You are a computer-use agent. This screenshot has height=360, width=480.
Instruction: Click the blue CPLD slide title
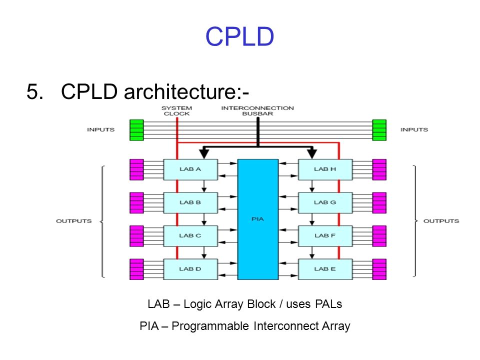[x=239, y=36]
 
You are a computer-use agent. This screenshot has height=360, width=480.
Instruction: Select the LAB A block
[x=190, y=169]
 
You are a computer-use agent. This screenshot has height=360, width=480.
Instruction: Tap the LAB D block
[x=190, y=269]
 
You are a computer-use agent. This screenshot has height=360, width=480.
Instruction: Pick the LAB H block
[x=325, y=169]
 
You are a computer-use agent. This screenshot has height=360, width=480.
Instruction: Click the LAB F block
[x=325, y=235]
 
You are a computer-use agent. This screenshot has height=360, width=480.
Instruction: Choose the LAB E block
[x=325, y=269]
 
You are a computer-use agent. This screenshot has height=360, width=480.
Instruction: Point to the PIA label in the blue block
[x=257, y=219]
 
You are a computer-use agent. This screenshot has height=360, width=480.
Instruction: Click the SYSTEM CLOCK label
[x=176, y=111]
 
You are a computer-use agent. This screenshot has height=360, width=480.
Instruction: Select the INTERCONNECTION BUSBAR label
[x=257, y=111]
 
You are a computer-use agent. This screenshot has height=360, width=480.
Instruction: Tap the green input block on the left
[x=136, y=130]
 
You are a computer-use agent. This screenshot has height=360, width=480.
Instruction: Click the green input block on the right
[x=379, y=130]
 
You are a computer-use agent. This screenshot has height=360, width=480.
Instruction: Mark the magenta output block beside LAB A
[x=136, y=169]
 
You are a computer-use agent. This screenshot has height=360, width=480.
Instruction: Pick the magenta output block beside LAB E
[x=379, y=269]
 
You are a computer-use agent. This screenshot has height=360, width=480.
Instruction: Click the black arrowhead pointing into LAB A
[x=204, y=153]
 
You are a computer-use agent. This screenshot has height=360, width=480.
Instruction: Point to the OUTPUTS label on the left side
[x=74, y=221]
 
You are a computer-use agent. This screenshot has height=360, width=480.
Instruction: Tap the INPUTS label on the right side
[x=414, y=129]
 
